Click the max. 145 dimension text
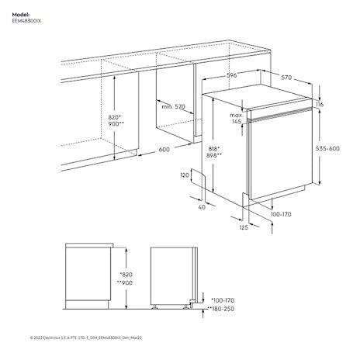tap(237, 118)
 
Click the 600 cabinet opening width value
tap(164, 150)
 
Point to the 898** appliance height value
tap(215, 155)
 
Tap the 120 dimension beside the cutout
tap(184, 176)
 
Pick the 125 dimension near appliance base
tap(244, 227)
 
